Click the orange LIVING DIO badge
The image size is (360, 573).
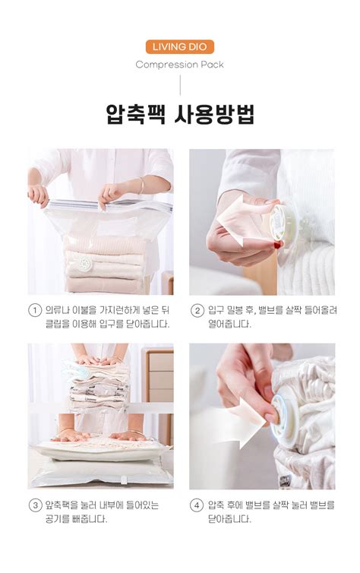[180, 46]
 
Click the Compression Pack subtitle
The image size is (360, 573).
[180, 65]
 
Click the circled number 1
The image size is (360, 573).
[35, 311]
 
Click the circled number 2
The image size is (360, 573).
[197, 311]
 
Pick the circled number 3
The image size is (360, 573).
[35, 505]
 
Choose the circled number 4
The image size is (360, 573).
[197, 505]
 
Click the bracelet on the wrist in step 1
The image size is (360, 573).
[142, 184]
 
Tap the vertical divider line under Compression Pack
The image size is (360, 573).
[180, 85]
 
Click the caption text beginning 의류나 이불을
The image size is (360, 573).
[106, 318]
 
